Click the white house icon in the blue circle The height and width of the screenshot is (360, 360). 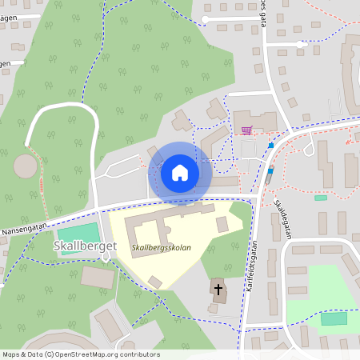tap(180, 173)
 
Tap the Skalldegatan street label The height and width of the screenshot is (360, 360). tap(283, 212)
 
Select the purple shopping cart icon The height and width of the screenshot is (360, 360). tap(246, 130)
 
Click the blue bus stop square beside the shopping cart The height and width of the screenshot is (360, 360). tap(272, 146)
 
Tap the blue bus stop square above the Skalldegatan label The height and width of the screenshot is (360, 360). tap(270, 170)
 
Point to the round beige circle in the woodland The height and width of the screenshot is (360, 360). tap(26, 167)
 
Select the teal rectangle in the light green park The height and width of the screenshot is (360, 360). tap(334, 318)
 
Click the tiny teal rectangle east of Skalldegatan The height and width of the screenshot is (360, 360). tap(321, 197)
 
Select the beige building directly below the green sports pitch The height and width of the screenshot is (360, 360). tap(98, 277)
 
